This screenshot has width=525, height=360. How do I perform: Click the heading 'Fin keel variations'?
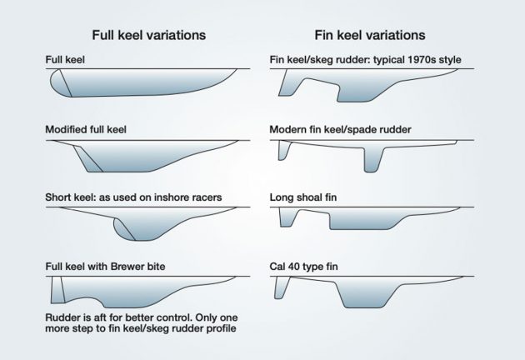click(x=369, y=36)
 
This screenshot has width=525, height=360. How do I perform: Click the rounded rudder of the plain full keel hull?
click(x=58, y=82)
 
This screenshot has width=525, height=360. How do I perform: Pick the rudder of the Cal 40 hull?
click(x=283, y=287)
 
